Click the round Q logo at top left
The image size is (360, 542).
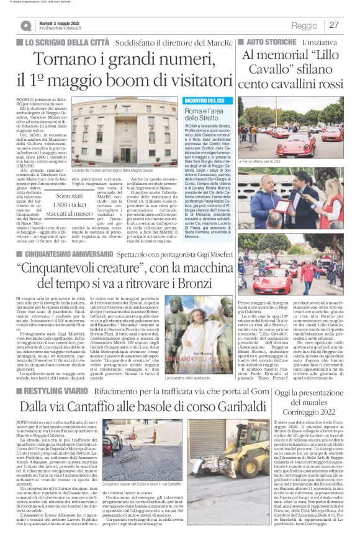click(27, 25)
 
